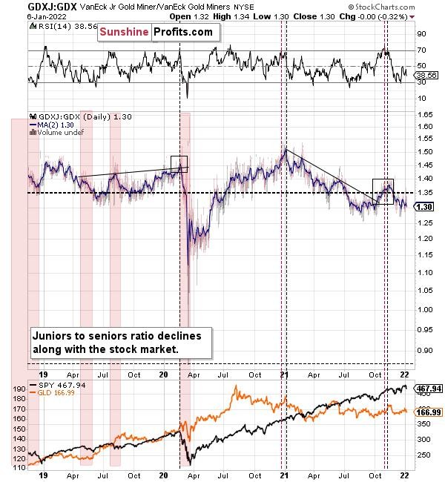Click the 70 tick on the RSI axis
[421, 50]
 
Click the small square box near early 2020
[179, 164]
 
